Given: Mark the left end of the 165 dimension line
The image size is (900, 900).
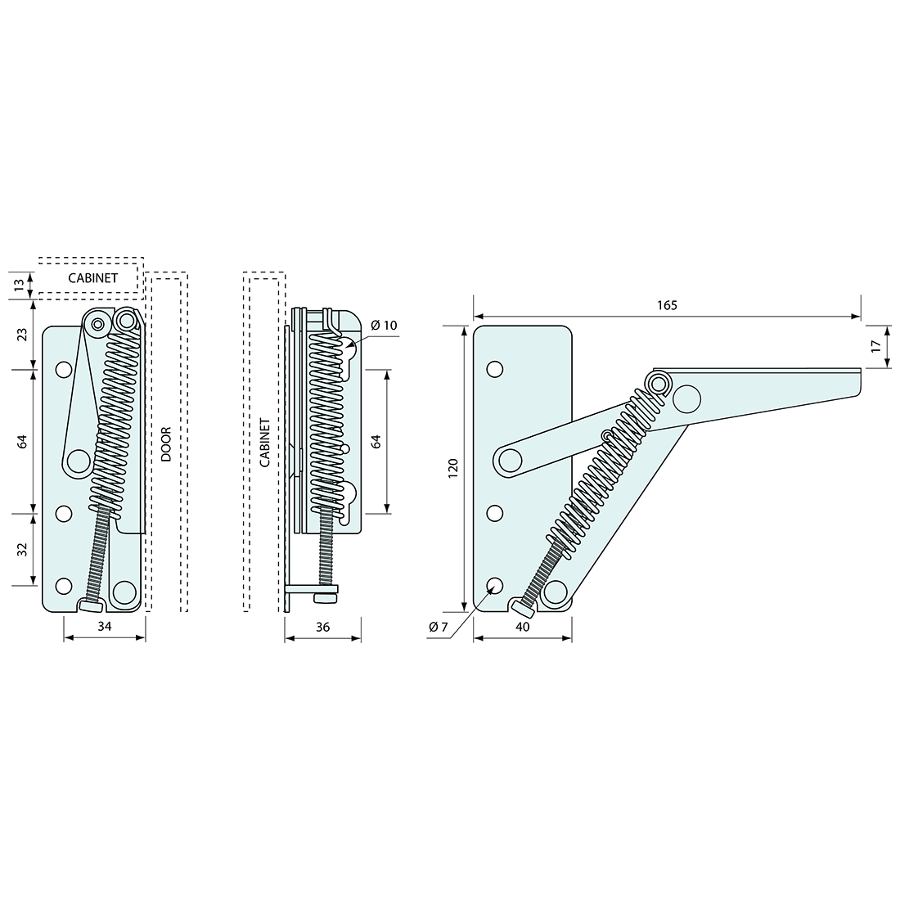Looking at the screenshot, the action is (x=474, y=317).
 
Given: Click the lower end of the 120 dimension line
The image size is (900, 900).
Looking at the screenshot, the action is (x=464, y=612).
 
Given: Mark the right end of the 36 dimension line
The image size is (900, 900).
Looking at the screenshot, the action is (x=361, y=637).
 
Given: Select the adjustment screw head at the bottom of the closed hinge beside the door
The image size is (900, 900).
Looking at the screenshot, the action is (x=91, y=605).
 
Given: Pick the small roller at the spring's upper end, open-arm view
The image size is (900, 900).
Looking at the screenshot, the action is (x=659, y=382).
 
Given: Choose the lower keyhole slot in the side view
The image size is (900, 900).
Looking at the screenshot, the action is (x=349, y=498).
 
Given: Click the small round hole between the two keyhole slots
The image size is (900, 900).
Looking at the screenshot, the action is (x=346, y=448).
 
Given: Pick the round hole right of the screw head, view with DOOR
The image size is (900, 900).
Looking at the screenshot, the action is (x=124, y=591).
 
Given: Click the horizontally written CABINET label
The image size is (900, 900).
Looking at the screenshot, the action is (x=93, y=278).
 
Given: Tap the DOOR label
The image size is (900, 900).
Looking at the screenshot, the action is (x=166, y=444).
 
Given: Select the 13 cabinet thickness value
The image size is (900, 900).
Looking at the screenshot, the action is (x=19, y=284).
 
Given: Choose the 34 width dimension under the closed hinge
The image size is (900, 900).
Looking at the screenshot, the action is (x=105, y=626).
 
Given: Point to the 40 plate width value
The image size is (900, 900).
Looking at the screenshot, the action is (x=523, y=627).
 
